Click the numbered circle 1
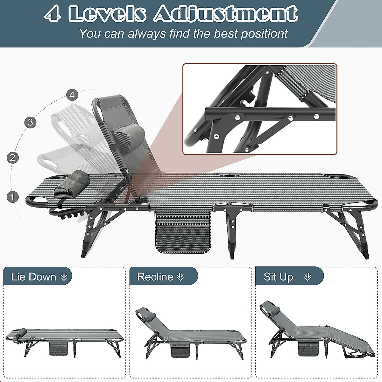click(x=12, y=197)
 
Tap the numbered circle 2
click(x=12, y=158)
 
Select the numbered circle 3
click(x=31, y=122)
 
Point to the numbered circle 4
click(x=72, y=95)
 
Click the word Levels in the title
click(x=108, y=14)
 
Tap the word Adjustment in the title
click(x=226, y=14)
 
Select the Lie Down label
click(x=33, y=277)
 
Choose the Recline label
click(x=155, y=277)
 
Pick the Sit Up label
click(x=278, y=277)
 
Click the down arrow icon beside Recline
click(x=180, y=277)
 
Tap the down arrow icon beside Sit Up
click(x=308, y=277)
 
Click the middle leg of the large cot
click(x=232, y=229)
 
